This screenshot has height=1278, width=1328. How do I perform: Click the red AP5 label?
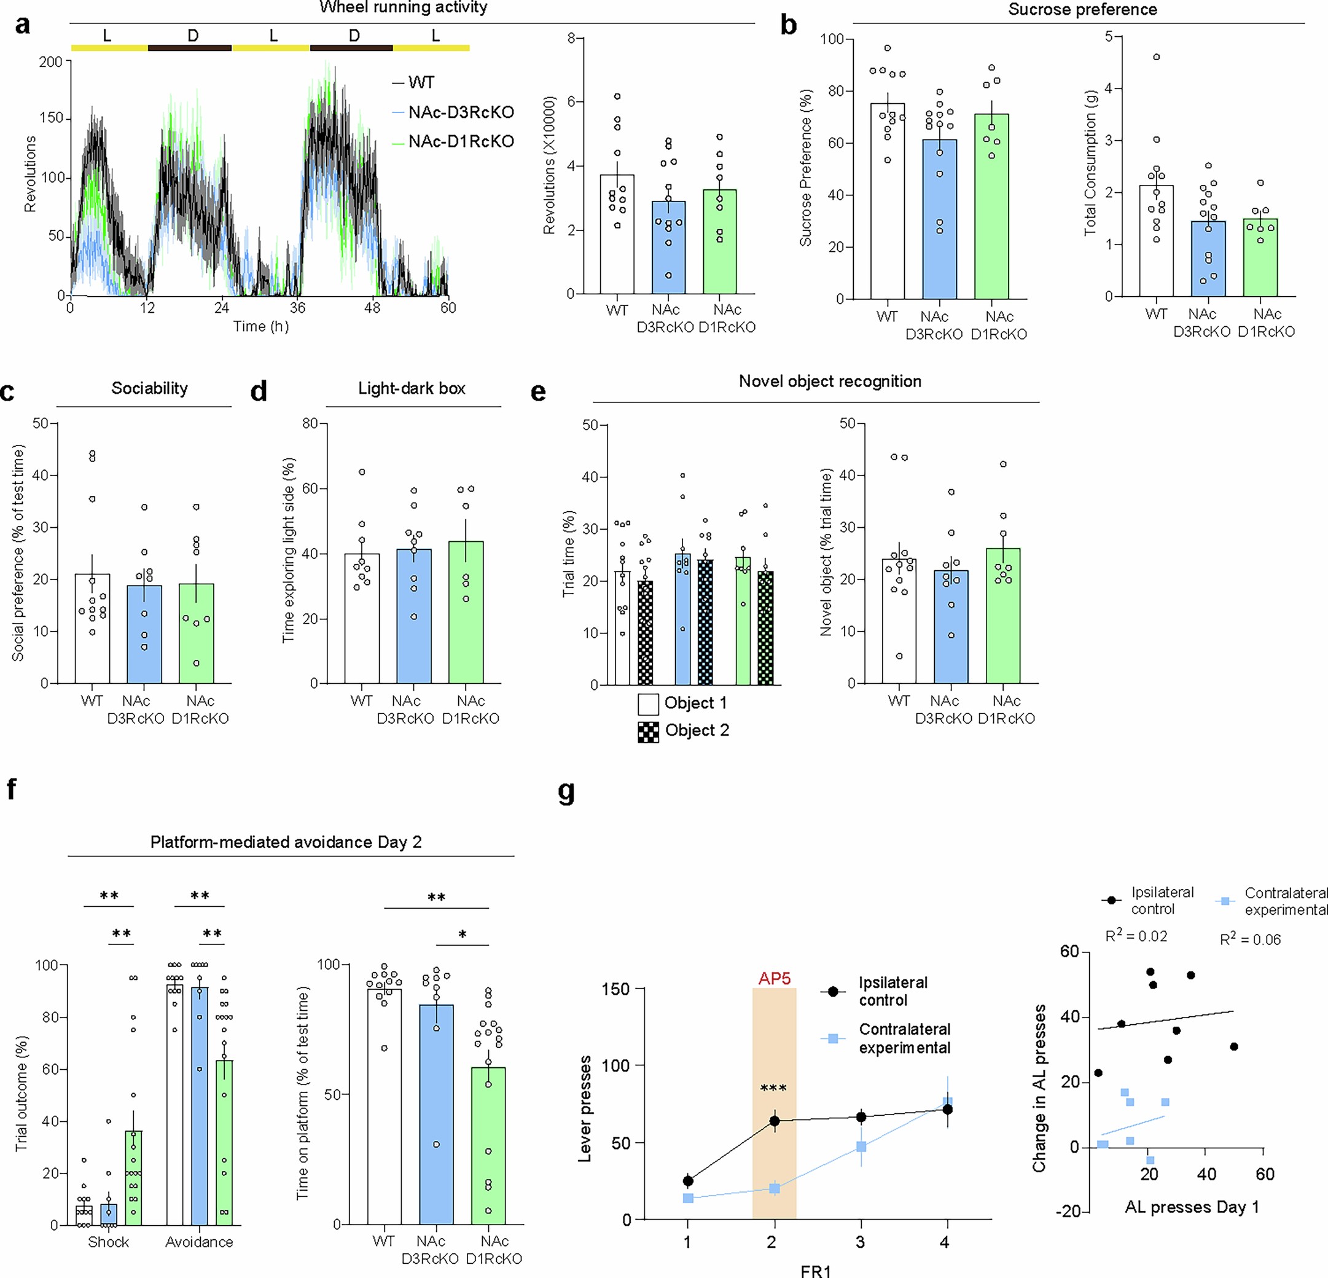[774, 979]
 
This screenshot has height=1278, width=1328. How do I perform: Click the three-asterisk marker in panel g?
[773, 1088]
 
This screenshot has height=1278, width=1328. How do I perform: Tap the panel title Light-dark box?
[412, 388]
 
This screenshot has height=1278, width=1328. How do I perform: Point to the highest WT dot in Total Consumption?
[1157, 57]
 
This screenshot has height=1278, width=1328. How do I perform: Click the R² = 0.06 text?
[1250, 939]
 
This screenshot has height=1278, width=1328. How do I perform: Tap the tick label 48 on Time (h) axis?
[372, 308]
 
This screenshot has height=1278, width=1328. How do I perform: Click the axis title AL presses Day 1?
[1191, 1207]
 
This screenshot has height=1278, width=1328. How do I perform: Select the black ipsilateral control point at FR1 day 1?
[688, 1181]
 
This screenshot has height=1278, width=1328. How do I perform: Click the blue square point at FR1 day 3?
[861, 1147]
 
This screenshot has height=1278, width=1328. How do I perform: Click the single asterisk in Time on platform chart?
[462, 935]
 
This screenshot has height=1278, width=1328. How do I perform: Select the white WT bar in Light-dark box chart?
[362, 618]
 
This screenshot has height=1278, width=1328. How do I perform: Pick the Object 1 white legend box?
[648, 704]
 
